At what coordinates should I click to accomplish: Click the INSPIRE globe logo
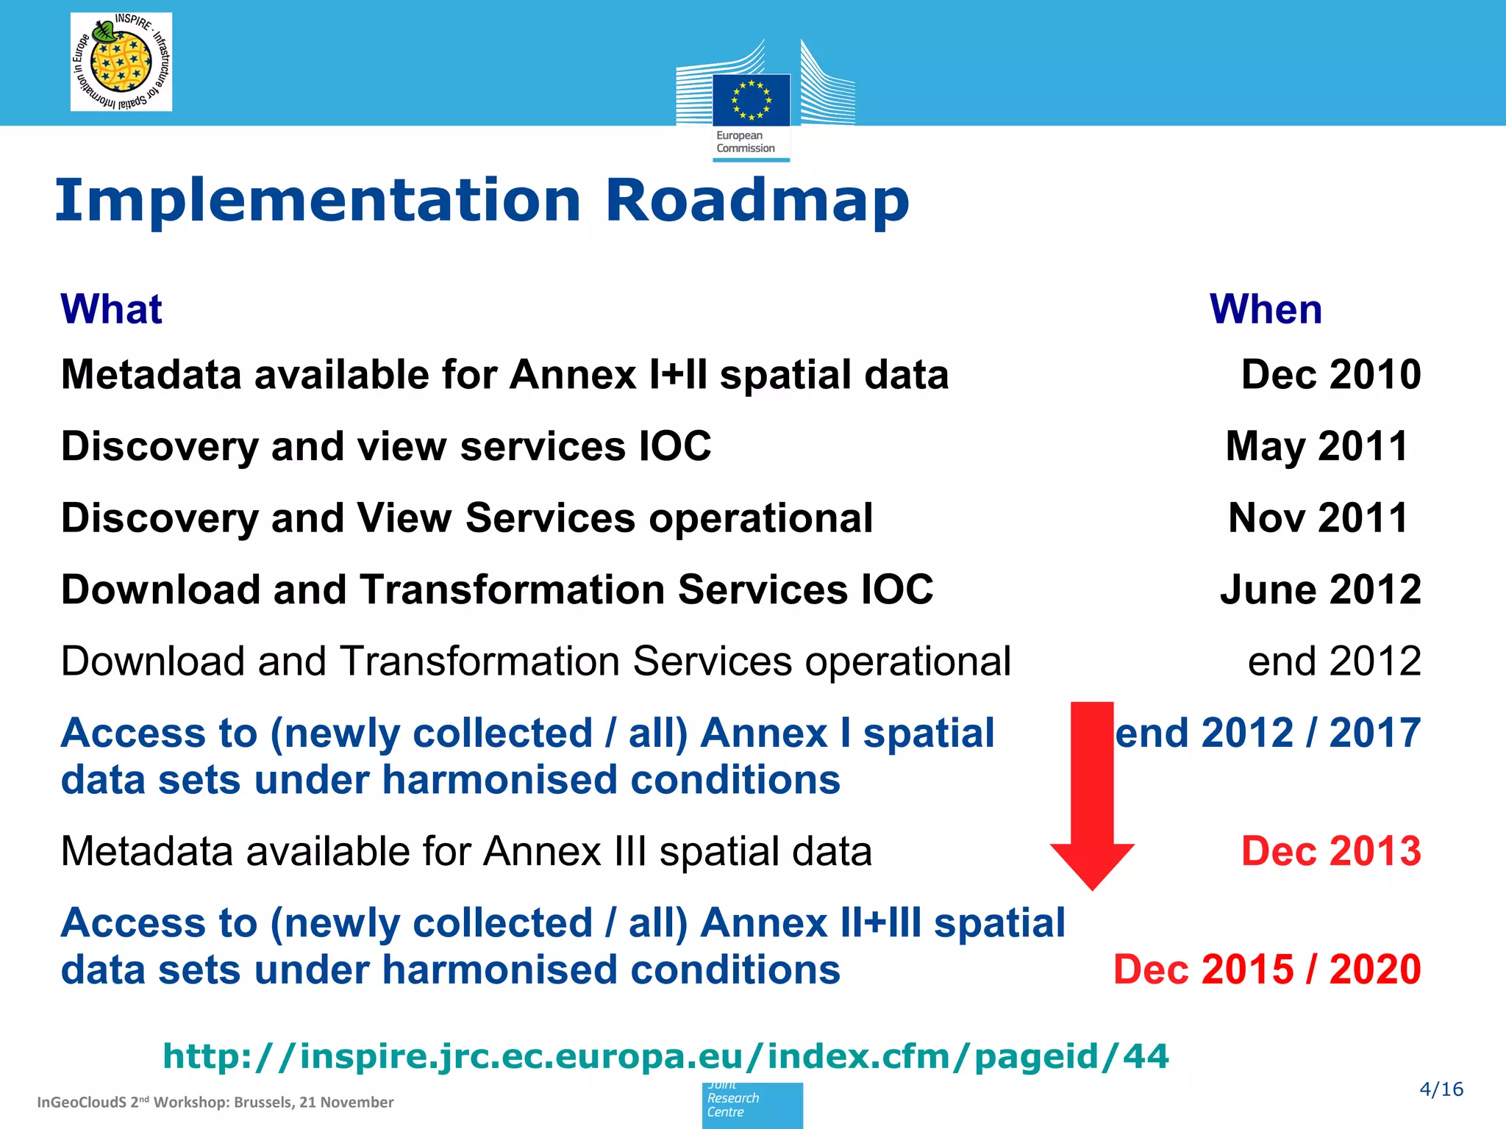pos(121,62)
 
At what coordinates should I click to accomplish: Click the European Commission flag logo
pos(751,100)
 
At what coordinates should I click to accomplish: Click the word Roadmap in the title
pos(757,201)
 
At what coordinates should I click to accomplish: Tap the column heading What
pos(111,309)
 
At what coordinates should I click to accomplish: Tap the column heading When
pos(1266,309)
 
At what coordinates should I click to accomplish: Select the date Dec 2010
pos(1330,375)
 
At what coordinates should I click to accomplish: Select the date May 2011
pos(1316,446)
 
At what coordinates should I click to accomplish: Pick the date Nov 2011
pos(1318,517)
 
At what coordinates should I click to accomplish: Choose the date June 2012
pos(1320,589)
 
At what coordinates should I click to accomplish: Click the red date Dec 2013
pos(1330,851)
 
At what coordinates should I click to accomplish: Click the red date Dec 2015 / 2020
pos(1266,969)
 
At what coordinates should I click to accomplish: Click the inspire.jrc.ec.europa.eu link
pos(665,1056)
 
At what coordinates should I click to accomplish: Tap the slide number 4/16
pos(1441,1089)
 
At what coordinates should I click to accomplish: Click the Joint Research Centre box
pos(752,1105)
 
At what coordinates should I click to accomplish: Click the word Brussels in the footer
pos(263,1103)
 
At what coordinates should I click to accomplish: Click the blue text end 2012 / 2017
pos(1268,733)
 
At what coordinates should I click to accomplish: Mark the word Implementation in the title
pos(318,201)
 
